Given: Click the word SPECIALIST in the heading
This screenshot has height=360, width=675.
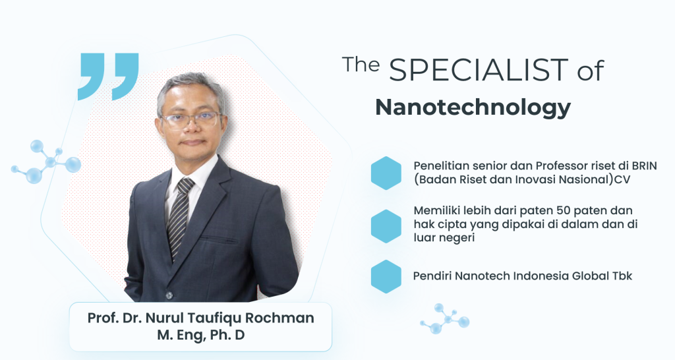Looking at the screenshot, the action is point(479,70).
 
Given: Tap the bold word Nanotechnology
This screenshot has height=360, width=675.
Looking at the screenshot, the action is point(473,107).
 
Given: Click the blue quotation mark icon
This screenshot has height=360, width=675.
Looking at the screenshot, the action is point(108,76).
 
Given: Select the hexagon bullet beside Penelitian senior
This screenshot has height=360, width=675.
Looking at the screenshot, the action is point(386,173).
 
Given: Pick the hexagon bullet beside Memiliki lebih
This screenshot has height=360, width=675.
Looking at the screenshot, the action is point(386,226).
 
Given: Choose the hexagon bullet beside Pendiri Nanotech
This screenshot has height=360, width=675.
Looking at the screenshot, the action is point(386,276).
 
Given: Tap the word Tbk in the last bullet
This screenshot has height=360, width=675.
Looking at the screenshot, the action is point(622,276).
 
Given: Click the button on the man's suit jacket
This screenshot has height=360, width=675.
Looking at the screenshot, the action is point(169,295).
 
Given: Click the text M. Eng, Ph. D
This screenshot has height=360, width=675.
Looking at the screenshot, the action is point(200,335).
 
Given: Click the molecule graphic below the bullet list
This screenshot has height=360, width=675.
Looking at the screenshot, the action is point(445,318).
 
